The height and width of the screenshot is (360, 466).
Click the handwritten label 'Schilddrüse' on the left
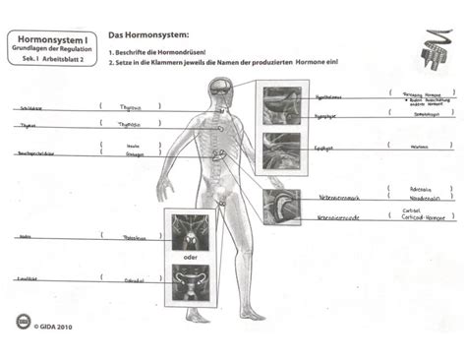(30, 108)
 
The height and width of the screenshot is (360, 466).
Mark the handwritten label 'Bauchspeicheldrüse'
(35, 153)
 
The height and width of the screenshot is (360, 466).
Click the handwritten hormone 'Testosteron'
(134, 237)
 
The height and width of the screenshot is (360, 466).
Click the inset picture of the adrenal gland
(281, 208)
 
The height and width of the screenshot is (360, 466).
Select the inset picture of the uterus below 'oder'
(191, 281)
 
